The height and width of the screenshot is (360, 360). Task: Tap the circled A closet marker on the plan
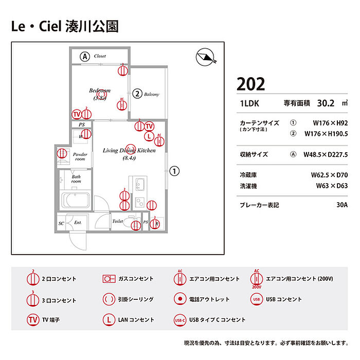coord(85,56)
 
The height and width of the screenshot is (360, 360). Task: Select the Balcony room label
coord(152,94)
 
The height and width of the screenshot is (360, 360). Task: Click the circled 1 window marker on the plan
coord(175,171)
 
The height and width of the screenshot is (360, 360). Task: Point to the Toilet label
coord(118,221)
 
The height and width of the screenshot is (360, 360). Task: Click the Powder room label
coord(80,156)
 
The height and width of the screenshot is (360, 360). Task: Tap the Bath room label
coord(76,179)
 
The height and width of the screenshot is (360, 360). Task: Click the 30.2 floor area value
coord(326,103)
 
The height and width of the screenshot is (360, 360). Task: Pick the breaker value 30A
coord(342,205)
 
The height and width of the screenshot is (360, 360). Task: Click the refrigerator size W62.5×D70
coord(329,175)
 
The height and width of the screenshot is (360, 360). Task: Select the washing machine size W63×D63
coord(332,186)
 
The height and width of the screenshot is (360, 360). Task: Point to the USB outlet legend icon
coord(257,299)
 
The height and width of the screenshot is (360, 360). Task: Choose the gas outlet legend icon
coord(109,279)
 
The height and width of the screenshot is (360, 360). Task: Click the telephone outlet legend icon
coord(179,299)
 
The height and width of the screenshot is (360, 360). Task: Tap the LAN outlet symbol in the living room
coord(149,137)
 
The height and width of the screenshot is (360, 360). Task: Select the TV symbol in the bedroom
coord(77,114)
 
